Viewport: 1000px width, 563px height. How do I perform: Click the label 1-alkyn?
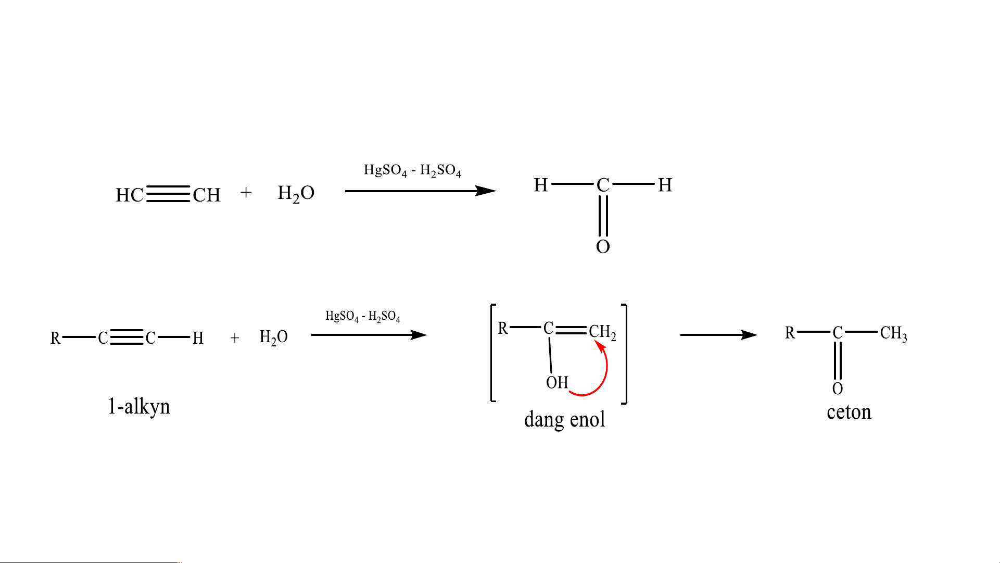click(x=139, y=406)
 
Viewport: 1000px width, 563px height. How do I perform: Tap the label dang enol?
click(x=564, y=419)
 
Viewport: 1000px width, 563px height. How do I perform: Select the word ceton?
click(x=849, y=412)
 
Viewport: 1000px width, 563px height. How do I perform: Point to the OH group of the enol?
click(x=557, y=383)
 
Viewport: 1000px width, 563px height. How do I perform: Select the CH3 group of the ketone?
click(x=893, y=333)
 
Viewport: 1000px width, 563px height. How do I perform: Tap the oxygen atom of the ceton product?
click(x=838, y=389)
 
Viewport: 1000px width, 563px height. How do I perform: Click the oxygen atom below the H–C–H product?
click(x=603, y=246)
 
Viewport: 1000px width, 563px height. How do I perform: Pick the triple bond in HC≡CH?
click(x=168, y=194)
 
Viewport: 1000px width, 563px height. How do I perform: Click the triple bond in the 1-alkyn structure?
click(x=126, y=337)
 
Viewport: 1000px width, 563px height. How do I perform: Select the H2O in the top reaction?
click(x=296, y=194)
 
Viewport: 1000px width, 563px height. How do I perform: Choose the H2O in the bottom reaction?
click(x=273, y=337)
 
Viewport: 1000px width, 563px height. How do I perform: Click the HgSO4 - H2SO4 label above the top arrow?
click(x=412, y=170)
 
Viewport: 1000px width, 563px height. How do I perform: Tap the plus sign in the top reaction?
click(x=246, y=193)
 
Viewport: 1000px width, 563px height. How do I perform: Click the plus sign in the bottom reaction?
click(x=235, y=338)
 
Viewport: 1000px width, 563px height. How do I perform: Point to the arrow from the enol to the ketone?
click(x=718, y=335)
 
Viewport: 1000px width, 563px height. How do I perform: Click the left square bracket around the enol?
click(x=492, y=353)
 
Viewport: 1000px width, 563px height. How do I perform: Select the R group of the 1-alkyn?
click(x=55, y=338)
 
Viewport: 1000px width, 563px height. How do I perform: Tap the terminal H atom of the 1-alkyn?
click(x=198, y=338)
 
